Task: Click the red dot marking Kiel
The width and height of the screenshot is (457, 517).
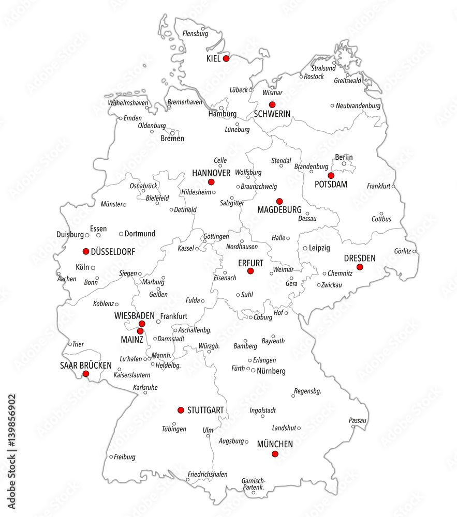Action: (226, 59)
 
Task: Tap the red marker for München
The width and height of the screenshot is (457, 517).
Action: (275, 454)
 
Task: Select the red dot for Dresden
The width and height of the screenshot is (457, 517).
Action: (360, 267)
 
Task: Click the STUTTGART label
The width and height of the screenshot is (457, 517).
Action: (205, 410)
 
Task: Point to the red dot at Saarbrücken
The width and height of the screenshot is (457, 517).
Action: (86, 373)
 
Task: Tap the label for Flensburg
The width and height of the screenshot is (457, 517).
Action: (195, 34)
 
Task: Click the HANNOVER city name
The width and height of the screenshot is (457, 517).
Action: (211, 172)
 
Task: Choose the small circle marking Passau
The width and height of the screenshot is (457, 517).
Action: (353, 426)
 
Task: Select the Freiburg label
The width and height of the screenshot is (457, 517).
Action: (125, 457)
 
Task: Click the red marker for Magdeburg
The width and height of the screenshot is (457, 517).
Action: (279, 201)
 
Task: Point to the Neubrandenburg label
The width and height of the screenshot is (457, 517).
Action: (358, 106)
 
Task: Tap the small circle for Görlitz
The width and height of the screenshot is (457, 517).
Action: (414, 252)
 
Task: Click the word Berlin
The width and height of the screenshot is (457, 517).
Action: (344, 157)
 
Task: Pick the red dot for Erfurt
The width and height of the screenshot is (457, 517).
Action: (250, 271)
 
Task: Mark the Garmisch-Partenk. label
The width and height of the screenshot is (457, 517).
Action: (253, 484)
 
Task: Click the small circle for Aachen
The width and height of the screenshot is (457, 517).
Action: (58, 273)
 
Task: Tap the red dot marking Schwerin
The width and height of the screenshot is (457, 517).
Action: (272, 104)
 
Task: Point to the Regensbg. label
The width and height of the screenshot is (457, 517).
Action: (307, 391)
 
